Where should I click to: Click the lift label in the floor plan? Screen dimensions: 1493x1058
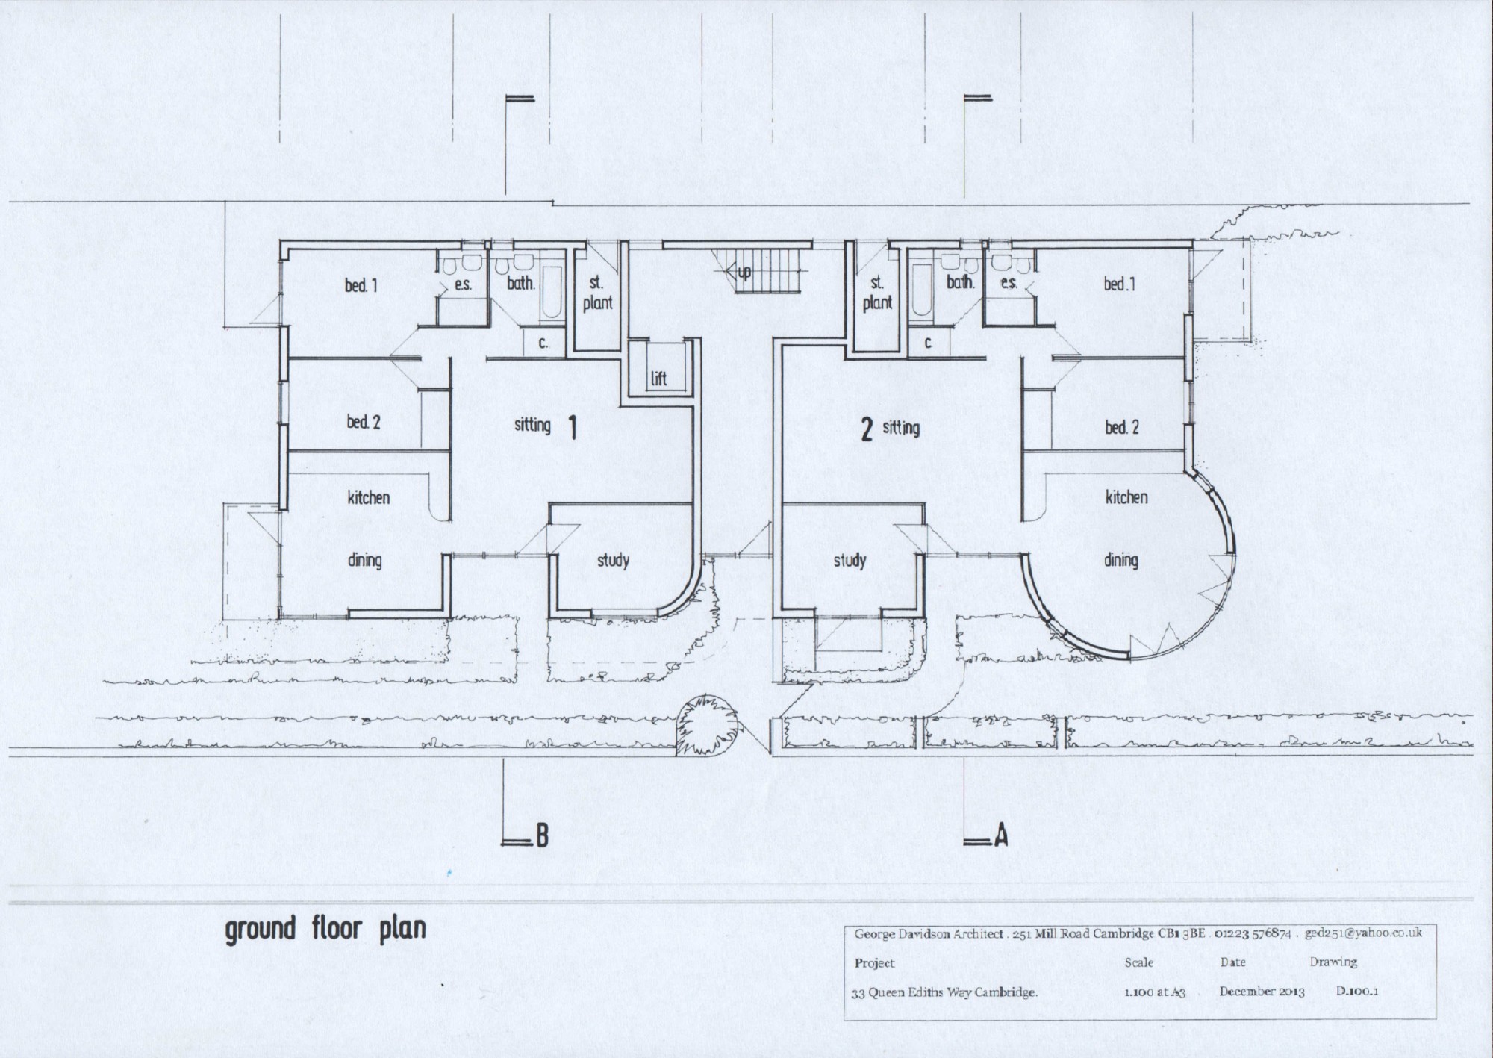(658, 379)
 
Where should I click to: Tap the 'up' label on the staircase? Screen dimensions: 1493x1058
(744, 273)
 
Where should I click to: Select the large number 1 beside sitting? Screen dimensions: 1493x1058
(573, 428)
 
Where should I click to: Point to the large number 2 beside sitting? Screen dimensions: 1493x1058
(866, 431)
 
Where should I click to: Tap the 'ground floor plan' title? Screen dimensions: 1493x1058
(325, 930)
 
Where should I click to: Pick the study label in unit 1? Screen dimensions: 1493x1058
(612, 561)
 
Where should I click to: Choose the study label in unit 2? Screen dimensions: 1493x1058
(850, 561)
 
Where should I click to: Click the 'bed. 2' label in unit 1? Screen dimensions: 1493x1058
(364, 422)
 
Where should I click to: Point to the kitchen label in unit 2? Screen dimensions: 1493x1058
(1126, 497)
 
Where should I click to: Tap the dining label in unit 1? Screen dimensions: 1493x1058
(364, 560)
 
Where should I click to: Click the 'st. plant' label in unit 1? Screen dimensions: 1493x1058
(597, 293)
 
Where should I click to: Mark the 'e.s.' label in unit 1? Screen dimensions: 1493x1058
(463, 284)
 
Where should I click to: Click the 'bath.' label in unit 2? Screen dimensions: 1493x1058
(961, 282)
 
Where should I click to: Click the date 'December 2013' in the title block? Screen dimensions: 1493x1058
(1262, 992)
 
